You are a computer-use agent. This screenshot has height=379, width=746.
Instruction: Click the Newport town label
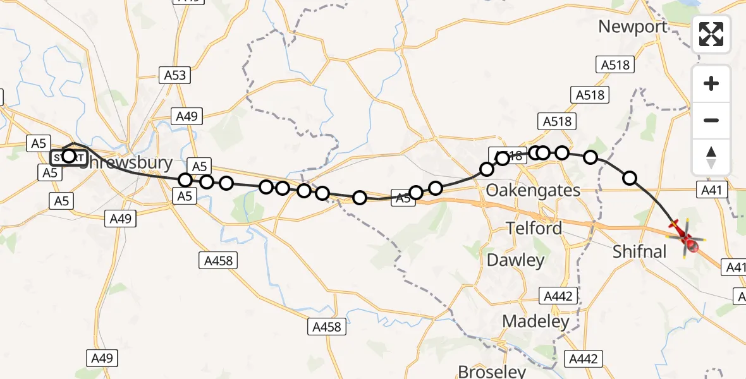pyautogui.click(x=632, y=27)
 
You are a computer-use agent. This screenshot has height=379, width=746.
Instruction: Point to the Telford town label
pyautogui.click(x=534, y=228)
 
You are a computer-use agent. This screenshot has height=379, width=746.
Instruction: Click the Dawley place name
pyautogui.click(x=515, y=260)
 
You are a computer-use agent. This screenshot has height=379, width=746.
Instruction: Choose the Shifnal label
pyautogui.click(x=640, y=251)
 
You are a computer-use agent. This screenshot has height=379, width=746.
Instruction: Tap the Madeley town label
pyautogui.click(x=535, y=321)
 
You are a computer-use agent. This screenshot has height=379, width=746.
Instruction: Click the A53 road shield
pyautogui.click(x=175, y=76)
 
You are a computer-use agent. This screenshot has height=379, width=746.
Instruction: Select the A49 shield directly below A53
pyautogui.click(x=187, y=116)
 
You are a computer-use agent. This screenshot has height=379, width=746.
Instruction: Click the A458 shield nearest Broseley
pyautogui.click(x=327, y=327)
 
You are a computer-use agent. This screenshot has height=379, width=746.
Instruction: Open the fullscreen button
pyautogui.click(x=711, y=34)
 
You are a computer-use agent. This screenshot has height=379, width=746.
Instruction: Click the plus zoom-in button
pyautogui.click(x=711, y=83)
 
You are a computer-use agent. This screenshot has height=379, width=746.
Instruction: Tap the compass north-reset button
pyautogui.click(x=711, y=157)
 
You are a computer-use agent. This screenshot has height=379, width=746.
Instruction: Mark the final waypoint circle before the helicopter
pyautogui.click(x=630, y=178)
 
